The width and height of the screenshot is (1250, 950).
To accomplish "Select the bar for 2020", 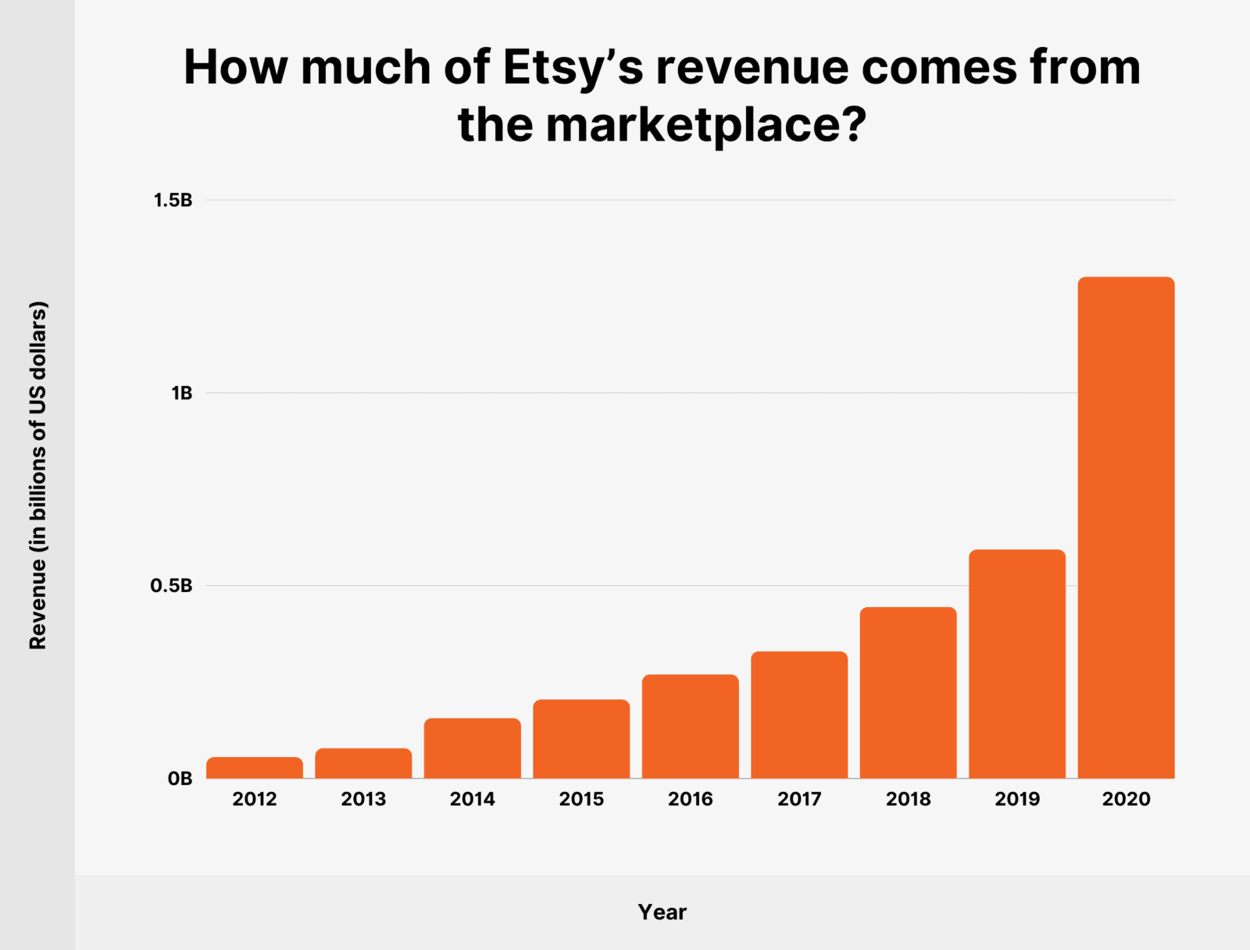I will point(1126,527).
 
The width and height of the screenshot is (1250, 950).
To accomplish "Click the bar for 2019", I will point(1017,664).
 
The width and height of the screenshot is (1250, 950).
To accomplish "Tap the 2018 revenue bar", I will point(908,693).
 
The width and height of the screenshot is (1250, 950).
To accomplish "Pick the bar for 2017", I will point(799,715).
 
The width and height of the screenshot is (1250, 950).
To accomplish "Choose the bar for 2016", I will point(691,727).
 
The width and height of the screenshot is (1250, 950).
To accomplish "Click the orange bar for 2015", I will point(581,739).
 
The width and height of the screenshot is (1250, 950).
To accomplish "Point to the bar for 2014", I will point(473,748).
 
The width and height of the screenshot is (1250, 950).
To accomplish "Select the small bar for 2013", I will point(363,763).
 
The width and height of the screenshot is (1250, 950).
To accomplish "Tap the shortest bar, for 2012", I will point(255,768).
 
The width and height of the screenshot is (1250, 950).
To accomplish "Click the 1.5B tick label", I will point(173,201).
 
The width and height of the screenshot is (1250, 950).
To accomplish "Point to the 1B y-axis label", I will point(181,393).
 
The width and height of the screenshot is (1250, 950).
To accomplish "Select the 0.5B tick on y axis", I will point(171,586).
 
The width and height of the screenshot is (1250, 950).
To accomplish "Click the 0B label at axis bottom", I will point(180,779).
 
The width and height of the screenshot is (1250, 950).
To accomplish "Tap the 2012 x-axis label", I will point(255,799).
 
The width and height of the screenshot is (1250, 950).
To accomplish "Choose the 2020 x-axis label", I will point(1126,799).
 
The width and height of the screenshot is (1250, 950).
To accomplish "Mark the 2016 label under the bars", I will point(691,799).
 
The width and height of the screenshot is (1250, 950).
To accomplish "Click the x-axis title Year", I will point(662,912).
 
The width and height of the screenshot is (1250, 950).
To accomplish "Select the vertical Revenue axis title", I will point(38,475).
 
